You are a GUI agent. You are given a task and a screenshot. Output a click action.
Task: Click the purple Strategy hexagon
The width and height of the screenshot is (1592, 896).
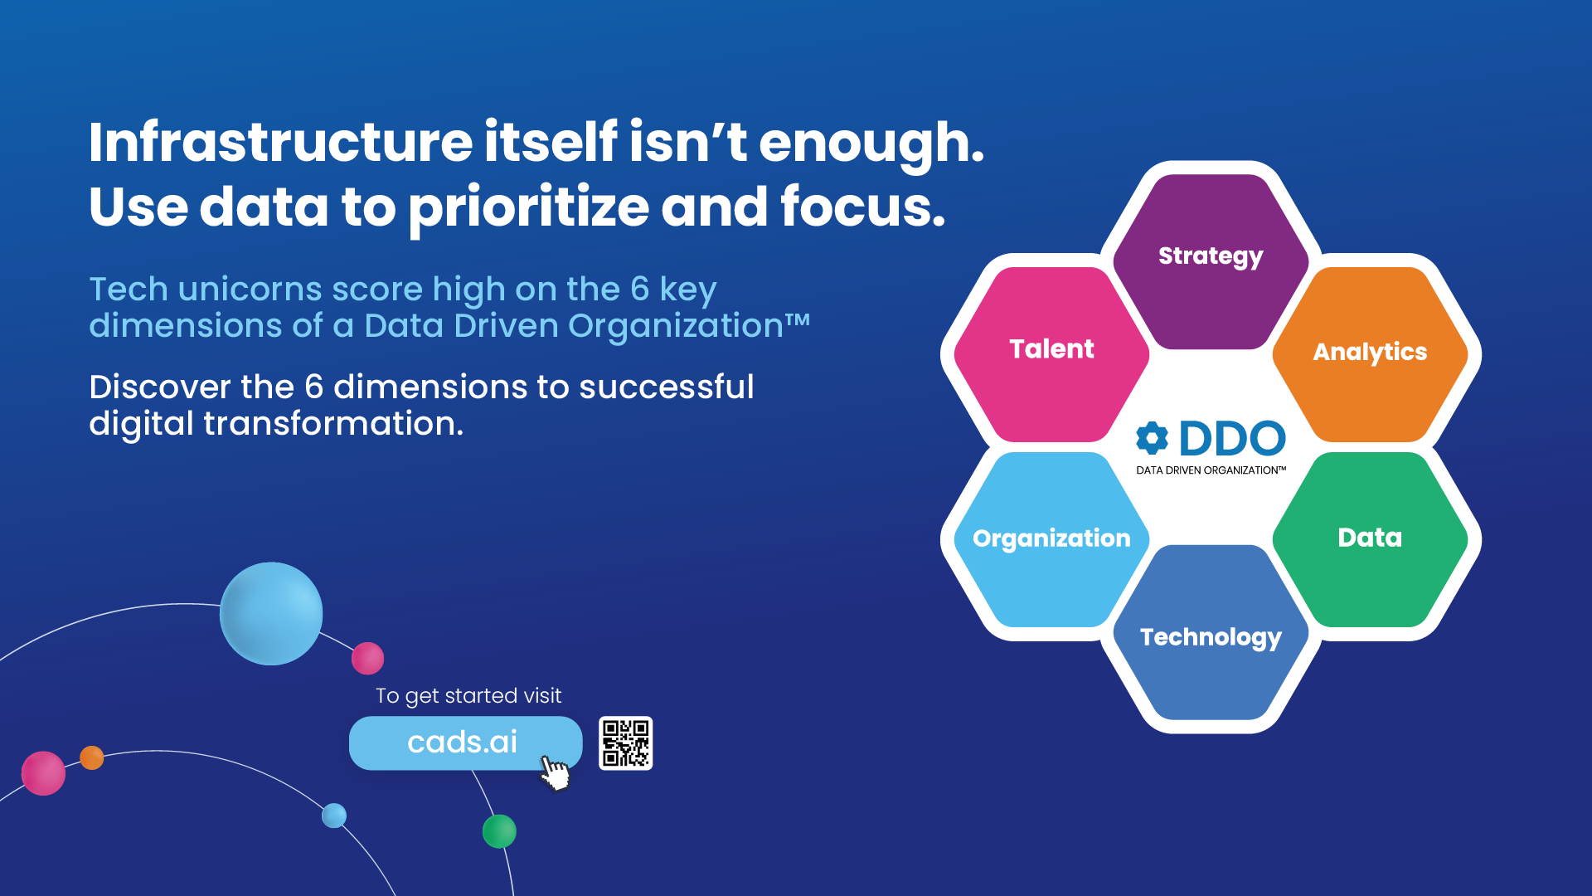tap(1211, 261)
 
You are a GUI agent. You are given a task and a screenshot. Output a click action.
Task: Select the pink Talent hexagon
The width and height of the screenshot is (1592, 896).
tap(1051, 354)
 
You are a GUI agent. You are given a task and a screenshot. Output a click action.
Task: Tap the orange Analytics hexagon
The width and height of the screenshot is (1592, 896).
tap(1370, 354)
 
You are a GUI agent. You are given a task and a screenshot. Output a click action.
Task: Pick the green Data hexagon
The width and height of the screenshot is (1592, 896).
tap(1370, 539)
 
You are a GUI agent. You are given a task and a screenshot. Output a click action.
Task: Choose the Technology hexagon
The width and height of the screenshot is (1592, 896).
tap(1211, 632)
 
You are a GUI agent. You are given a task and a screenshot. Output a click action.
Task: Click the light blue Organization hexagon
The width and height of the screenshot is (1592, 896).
tap(1051, 539)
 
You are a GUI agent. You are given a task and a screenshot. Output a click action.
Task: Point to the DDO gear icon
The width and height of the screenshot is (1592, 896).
tap(1152, 438)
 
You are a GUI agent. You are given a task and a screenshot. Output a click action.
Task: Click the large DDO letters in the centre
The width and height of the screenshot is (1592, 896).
tap(1232, 438)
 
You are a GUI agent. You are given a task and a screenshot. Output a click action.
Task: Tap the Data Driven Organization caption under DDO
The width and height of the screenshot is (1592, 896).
tap(1211, 470)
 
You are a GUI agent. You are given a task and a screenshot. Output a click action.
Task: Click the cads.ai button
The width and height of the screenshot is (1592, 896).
tap(465, 743)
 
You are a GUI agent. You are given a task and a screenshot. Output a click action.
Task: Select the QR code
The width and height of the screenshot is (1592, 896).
tap(625, 743)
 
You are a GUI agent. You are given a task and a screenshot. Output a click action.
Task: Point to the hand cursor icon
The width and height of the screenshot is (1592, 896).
tap(555, 772)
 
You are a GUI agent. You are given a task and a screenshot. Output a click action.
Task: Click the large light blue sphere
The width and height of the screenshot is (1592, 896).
tap(271, 613)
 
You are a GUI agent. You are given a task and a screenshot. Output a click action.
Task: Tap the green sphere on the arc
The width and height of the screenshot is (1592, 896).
tap(499, 830)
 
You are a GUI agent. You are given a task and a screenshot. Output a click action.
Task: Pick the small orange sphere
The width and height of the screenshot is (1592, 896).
tap(92, 757)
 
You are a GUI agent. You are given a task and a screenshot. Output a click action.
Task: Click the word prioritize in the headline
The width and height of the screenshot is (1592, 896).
tap(529, 208)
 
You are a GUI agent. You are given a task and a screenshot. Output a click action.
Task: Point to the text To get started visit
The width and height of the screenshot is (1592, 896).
tap(468, 696)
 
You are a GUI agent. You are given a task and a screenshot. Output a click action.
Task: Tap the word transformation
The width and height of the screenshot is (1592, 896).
tap(333, 423)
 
